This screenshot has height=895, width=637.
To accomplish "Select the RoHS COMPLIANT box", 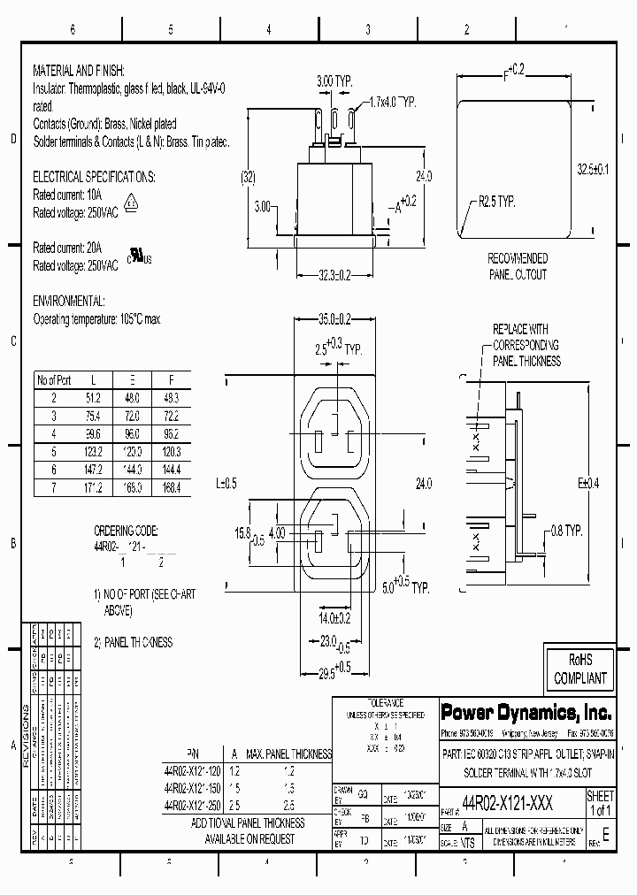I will click(579, 669).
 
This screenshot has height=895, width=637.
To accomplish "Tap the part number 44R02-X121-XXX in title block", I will click(508, 799).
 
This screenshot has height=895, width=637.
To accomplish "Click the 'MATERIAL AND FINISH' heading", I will click(79, 69).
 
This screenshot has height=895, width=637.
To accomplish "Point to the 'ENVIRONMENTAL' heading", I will click(69, 301).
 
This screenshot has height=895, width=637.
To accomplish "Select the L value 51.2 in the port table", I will click(94, 399).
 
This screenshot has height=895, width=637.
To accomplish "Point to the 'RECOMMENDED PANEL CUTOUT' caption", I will click(518, 266).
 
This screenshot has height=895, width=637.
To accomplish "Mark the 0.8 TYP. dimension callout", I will click(562, 531).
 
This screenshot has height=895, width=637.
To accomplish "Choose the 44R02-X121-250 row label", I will click(193, 804).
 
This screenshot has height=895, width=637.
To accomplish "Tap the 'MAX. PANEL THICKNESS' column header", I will click(288, 754).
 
